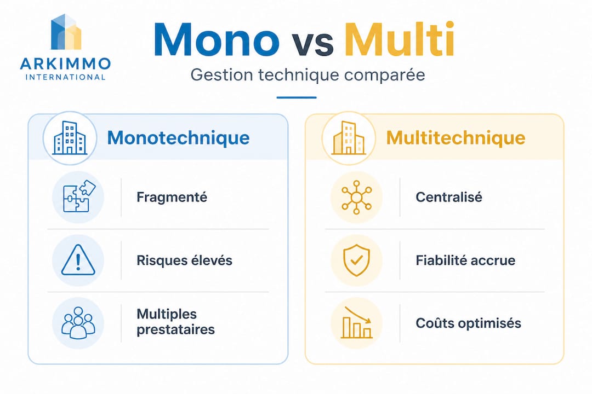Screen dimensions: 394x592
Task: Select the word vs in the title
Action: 311,44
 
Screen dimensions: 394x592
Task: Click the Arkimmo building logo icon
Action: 66,33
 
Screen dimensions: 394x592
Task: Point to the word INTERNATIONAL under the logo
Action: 66,77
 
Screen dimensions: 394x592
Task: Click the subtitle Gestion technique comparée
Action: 308,74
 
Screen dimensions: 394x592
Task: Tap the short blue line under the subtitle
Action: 297,98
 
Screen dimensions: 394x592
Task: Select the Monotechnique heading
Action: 178,137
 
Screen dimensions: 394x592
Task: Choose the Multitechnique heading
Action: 456,137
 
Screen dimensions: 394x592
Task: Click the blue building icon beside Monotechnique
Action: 70,138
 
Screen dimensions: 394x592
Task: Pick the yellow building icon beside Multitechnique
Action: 348,138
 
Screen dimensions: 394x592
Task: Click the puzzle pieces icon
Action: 78,196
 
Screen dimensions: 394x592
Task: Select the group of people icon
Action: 78,323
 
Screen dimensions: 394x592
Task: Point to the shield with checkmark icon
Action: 356,260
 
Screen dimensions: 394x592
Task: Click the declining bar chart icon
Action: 356,323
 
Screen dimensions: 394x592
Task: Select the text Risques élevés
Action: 184,260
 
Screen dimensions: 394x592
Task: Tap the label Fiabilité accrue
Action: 465,260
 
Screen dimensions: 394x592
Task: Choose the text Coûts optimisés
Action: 469,323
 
